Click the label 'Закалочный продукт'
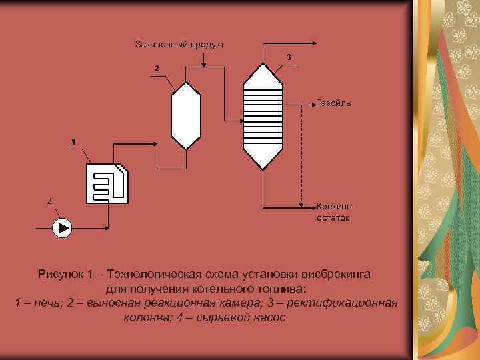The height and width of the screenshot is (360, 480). pos(179,45)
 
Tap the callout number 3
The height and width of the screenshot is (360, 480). pos(289,57)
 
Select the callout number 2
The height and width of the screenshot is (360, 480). pos(156,69)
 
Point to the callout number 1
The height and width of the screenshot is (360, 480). pos(73,141)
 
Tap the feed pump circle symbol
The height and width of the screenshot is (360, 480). pos(63,228)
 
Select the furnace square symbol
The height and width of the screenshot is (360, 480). pos(108,183)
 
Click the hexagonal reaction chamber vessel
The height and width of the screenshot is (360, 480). pos(186,115)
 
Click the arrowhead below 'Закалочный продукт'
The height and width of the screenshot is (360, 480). pos(204,64)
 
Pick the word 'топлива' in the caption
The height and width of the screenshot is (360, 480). pos(281,289)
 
